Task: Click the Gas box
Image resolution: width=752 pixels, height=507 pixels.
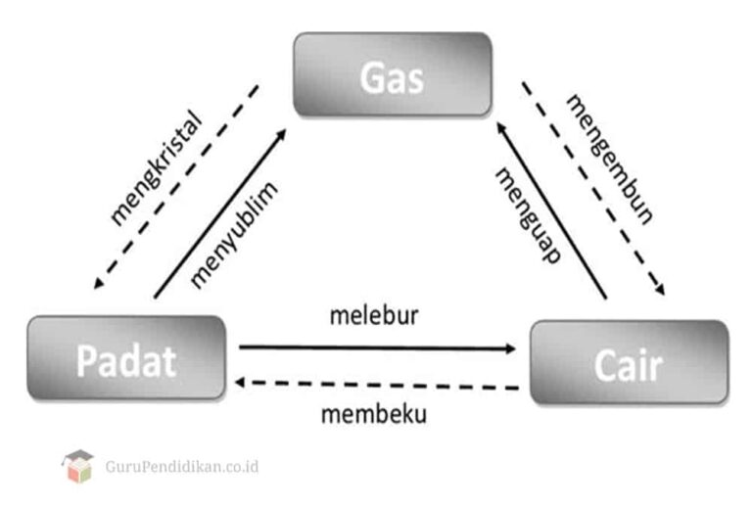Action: click(392, 75)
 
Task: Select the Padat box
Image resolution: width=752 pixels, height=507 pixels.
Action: click(126, 358)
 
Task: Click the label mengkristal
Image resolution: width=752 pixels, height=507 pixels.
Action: click(155, 168)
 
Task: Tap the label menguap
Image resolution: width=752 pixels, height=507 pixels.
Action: click(527, 214)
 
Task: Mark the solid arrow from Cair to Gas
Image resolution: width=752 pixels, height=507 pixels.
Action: click(550, 209)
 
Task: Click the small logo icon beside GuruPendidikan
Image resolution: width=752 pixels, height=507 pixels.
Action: click(77, 466)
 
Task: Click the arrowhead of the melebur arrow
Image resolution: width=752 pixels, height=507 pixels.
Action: click(511, 348)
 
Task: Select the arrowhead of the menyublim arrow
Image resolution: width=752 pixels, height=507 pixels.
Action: click(281, 132)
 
